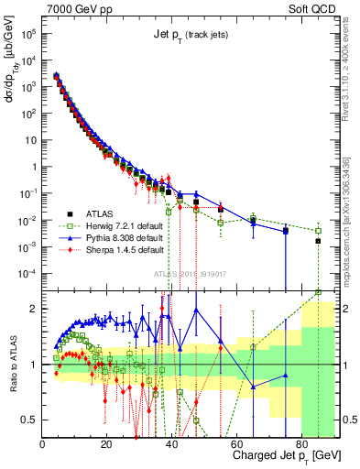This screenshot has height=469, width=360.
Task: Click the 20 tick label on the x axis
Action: (107, 444)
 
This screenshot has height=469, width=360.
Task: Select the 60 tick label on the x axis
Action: (236, 444)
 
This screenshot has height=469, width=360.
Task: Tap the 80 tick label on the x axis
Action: (300, 444)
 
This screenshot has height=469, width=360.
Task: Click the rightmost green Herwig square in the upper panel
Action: (318, 231)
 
